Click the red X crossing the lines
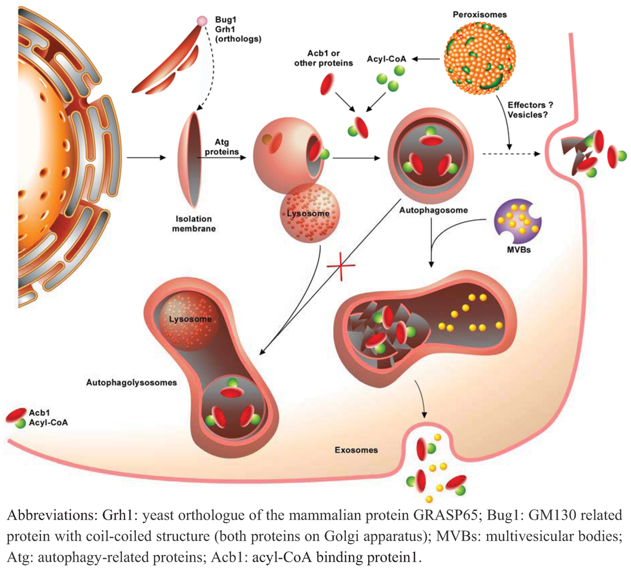pyautogui.click(x=342, y=266)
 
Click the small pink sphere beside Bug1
pyautogui.click(x=202, y=21)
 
